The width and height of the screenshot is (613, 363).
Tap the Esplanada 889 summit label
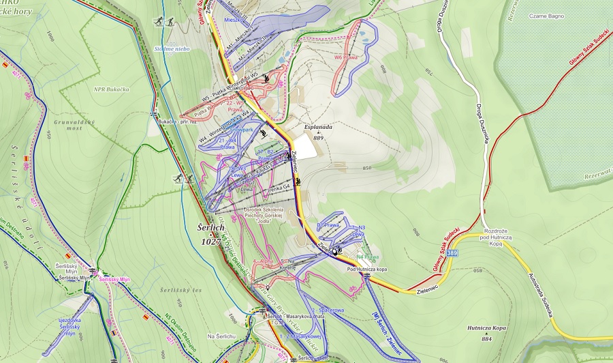tap(318, 131)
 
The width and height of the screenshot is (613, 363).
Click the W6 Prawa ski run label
tap(345, 57)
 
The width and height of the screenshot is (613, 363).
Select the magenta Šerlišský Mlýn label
tap(114, 279)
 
